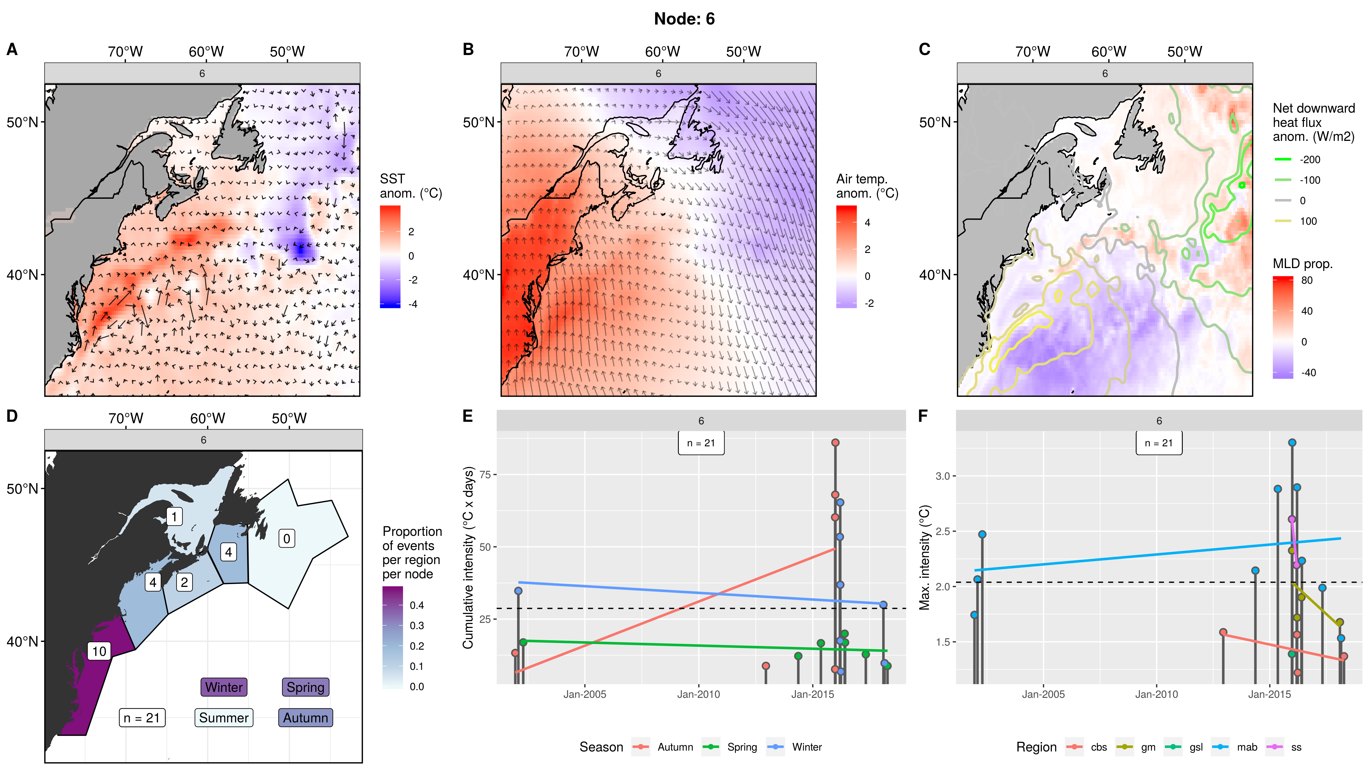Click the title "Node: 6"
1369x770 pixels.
[x=684, y=19]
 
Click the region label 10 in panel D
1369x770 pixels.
[x=99, y=651]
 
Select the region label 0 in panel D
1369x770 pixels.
[x=286, y=538]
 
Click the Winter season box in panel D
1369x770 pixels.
[x=224, y=687]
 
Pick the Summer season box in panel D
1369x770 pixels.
[x=224, y=718]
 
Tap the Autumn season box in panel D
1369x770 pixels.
[x=305, y=718]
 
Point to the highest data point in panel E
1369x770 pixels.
[x=835, y=443]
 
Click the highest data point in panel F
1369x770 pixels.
[x=1292, y=443]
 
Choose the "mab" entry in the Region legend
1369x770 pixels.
[x=1247, y=747]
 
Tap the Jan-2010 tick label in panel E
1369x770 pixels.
[x=698, y=694]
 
